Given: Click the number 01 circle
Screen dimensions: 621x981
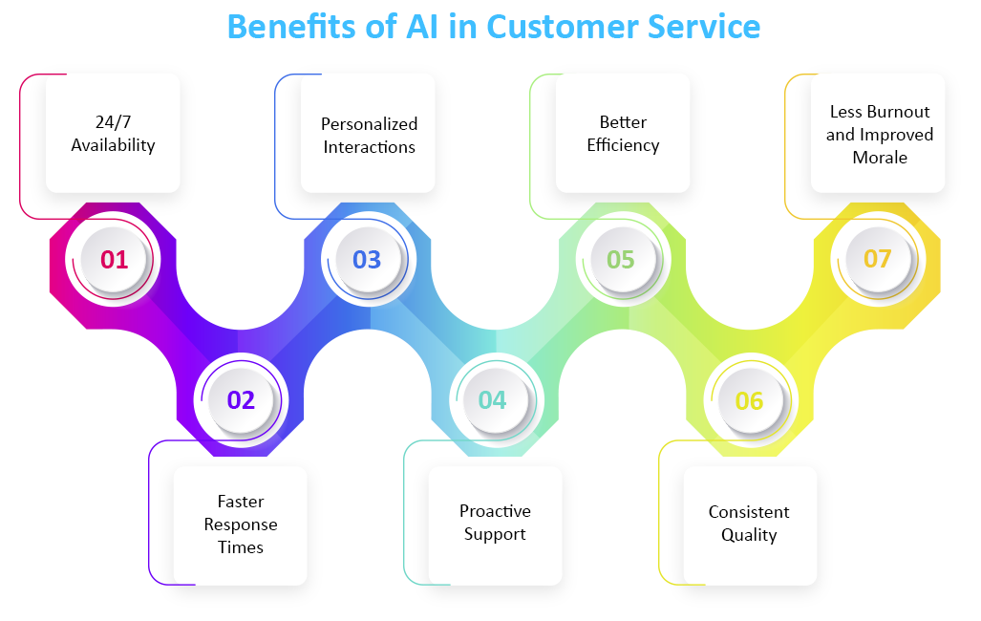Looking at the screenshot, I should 114,259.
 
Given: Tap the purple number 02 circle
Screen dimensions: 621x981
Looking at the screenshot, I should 241,399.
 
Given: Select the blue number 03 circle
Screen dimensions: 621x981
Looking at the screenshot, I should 367,259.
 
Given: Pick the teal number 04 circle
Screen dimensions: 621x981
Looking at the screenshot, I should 493,399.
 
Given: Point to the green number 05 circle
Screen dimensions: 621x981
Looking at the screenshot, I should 621,259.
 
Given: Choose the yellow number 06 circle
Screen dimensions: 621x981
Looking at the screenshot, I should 749,399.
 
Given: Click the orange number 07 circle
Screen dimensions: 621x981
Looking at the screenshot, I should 877,259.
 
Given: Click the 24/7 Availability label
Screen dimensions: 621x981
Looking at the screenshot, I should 113,134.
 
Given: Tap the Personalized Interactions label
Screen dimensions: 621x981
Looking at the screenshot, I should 369,136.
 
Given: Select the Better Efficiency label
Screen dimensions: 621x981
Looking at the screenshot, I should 623,134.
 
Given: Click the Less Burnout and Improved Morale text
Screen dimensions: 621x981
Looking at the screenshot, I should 879,135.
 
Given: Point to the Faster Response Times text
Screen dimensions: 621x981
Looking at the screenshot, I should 241,525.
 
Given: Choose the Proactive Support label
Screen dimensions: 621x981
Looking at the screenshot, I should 495,523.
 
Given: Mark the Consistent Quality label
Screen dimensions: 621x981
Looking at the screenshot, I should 749,524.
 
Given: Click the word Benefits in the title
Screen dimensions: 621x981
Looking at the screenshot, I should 290,26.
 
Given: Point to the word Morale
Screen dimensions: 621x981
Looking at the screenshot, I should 880,158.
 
